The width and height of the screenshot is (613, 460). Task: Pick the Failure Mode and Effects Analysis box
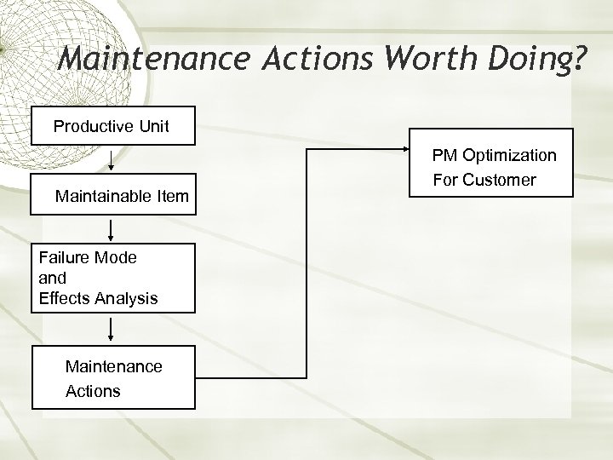(x=113, y=278)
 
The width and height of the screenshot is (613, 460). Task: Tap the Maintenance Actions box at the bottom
(x=113, y=378)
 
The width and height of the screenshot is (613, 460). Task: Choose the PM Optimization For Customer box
(x=492, y=168)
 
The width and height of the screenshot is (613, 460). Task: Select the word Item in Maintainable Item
(x=173, y=198)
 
